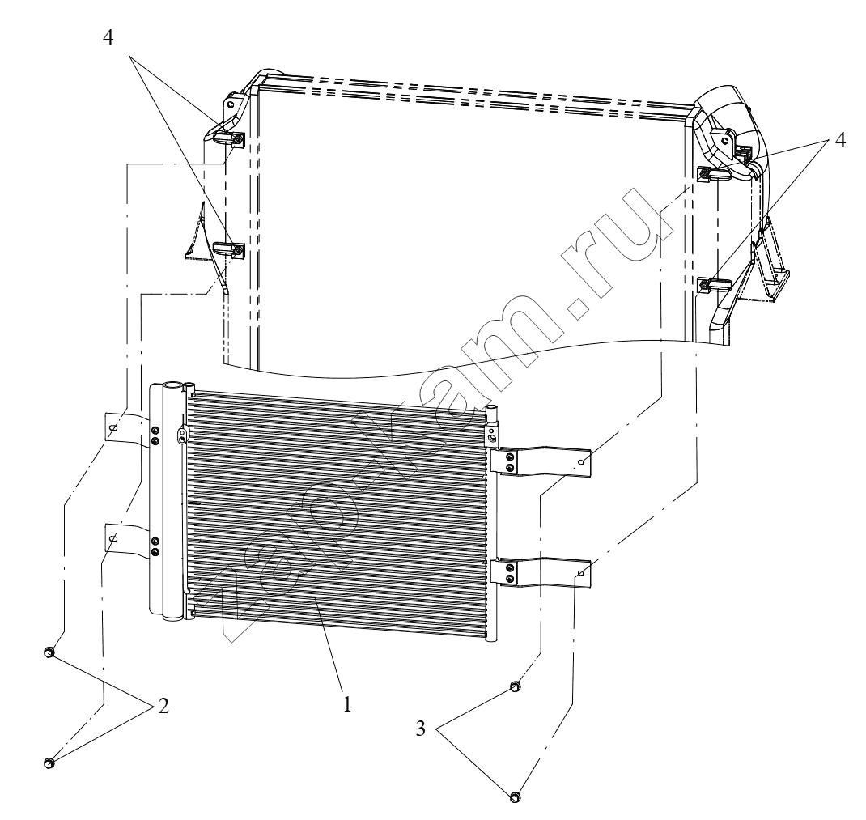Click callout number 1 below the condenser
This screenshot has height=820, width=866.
347,704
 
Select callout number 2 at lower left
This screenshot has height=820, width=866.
163,706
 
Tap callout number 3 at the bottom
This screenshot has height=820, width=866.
421,729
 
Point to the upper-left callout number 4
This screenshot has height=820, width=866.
108,37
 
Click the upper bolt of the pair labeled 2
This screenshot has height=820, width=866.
48,652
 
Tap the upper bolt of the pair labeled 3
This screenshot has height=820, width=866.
514,686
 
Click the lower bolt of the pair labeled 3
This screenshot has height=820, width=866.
514,797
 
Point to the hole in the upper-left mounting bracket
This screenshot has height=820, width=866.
113,427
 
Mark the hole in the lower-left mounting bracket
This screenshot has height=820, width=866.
113,537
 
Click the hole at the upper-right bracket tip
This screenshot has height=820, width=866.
580,462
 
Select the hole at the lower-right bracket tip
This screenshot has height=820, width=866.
580,574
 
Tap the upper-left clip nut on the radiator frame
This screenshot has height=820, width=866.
236,141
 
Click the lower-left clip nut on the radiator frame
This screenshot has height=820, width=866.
236,252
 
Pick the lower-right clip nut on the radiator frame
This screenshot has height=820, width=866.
705,285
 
